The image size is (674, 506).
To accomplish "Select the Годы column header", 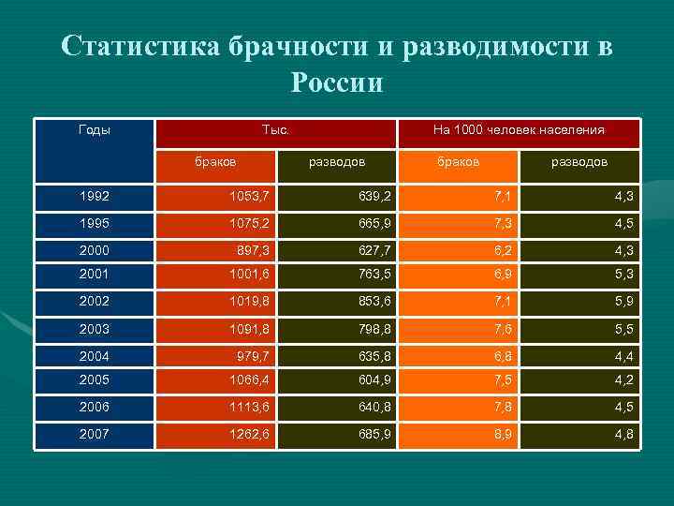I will coord(94,129).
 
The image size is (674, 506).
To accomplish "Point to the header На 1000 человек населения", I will coord(519,130).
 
